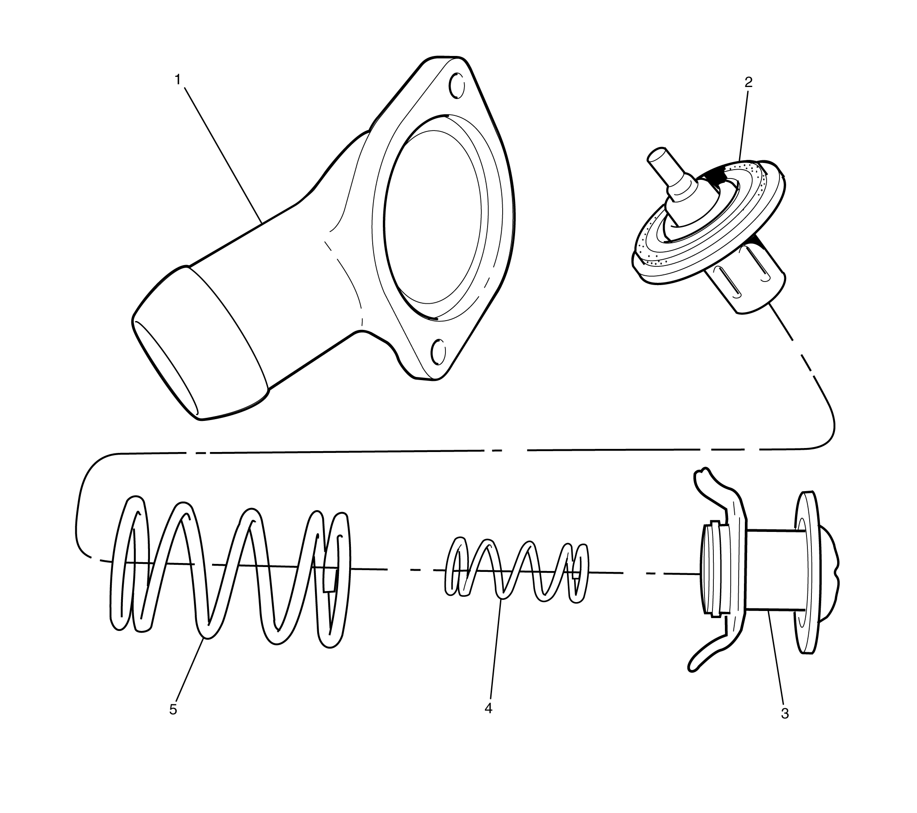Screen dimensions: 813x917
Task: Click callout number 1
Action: tap(177, 80)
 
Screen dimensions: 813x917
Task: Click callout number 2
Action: tap(748, 82)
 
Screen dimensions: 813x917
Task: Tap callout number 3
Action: tap(785, 726)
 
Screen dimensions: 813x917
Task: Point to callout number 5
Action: tap(173, 722)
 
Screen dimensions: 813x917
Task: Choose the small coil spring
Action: tap(516, 570)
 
